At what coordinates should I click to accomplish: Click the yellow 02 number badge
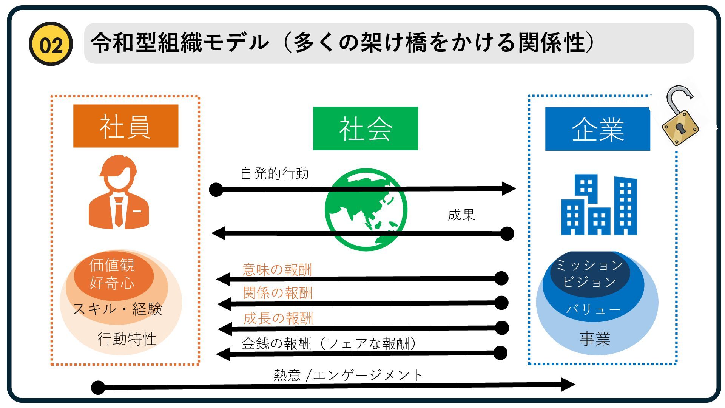(x=51, y=44)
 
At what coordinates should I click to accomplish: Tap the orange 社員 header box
(x=125, y=126)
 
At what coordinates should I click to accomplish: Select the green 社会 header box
(x=365, y=128)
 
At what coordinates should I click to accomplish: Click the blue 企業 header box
(x=597, y=129)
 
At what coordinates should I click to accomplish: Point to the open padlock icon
(x=680, y=117)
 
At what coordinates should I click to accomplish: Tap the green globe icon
(x=366, y=210)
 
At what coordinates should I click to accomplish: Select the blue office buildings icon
(x=599, y=205)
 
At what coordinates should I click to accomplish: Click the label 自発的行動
(x=275, y=174)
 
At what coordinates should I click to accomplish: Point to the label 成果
(x=461, y=215)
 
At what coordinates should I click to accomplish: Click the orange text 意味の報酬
(x=277, y=270)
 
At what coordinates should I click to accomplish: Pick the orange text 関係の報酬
(x=278, y=293)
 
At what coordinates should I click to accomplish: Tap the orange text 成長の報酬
(x=278, y=318)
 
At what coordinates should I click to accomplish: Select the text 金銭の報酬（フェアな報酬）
(x=329, y=344)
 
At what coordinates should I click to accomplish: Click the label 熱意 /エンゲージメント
(x=348, y=375)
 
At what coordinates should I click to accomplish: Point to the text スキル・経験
(x=117, y=309)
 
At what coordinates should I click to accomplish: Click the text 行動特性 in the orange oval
(x=127, y=339)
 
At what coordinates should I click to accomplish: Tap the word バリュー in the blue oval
(x=593, y=309)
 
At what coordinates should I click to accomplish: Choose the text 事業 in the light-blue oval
(x=595, y=339)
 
